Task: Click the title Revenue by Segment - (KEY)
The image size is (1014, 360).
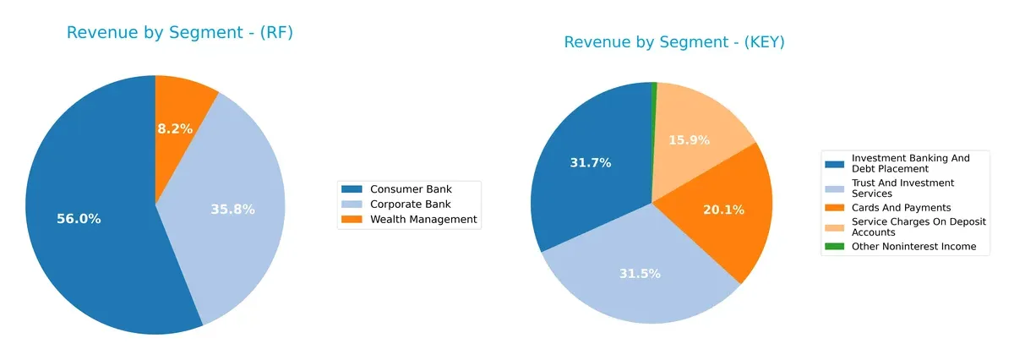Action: click(x=674, y=42)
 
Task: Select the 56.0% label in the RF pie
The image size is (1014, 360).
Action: click(x=79, y=219)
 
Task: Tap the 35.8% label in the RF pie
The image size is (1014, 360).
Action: click(x=232, y=209)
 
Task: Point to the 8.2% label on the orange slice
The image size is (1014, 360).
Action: click(x=175, y=129)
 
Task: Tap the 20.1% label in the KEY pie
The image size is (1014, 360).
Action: click(x=723, y=210)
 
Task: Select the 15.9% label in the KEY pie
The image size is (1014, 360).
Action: click(x=690, y=140)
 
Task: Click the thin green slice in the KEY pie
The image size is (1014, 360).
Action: click(x=654, y=110)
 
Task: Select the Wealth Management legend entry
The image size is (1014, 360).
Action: click(x=423, y=220)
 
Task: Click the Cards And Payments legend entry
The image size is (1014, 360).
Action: click(x=901, y=208)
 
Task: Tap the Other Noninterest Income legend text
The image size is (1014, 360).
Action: click(x=913, y=247)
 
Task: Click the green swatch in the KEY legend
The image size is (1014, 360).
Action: click(x=835, y=247)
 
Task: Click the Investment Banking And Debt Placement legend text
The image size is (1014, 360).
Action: click(x=910, y=163)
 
